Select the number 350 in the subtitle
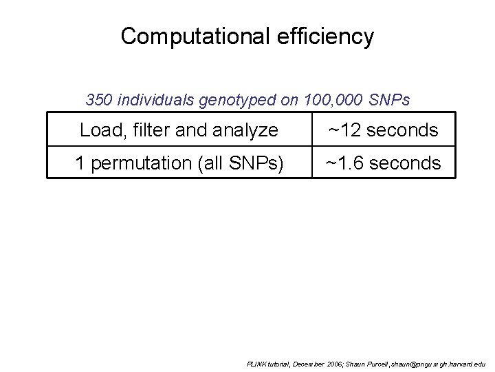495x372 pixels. [100, 101]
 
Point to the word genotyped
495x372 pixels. [238, 101]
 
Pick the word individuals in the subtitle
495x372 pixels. [157, 101]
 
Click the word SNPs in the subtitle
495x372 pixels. [389, 101]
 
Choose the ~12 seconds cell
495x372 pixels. [383, 130]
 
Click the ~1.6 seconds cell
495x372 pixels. [383, 163]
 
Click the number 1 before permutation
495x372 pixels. [80, 163]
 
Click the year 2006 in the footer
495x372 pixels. [333, 363]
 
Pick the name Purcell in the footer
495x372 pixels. [376, 363]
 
